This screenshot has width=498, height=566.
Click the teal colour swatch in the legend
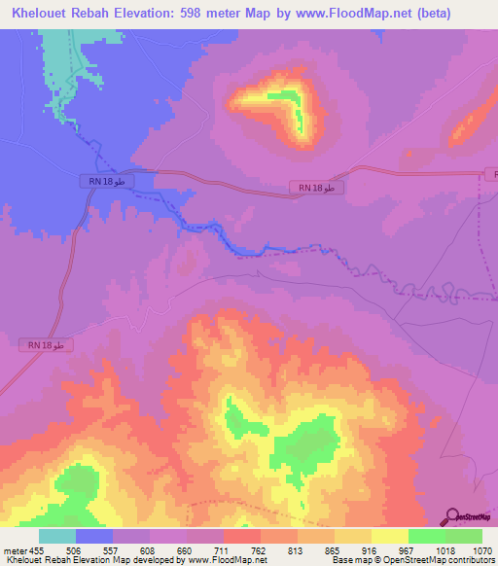click(x=57, y=536)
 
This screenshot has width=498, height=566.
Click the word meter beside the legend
click(x=15, y=550)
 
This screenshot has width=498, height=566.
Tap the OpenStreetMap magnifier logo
click(x=453, y=516)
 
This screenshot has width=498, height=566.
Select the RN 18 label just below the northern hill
click(x=315, y=188)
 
